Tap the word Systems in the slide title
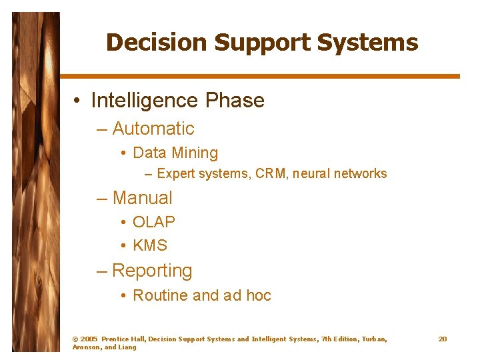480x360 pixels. click(368, 43)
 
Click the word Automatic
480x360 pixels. click(153, 129)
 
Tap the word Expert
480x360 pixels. click(175, 174)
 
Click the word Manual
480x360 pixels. click(143, 198)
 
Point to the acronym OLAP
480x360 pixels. click(154, 222)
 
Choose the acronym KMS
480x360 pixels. click(150, 246)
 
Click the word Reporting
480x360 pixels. click(152, 271)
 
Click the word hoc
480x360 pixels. click(257, 295)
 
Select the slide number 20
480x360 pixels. click(443, 339)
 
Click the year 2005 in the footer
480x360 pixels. click(89, 339)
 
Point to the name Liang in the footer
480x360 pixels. click(128, 347)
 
